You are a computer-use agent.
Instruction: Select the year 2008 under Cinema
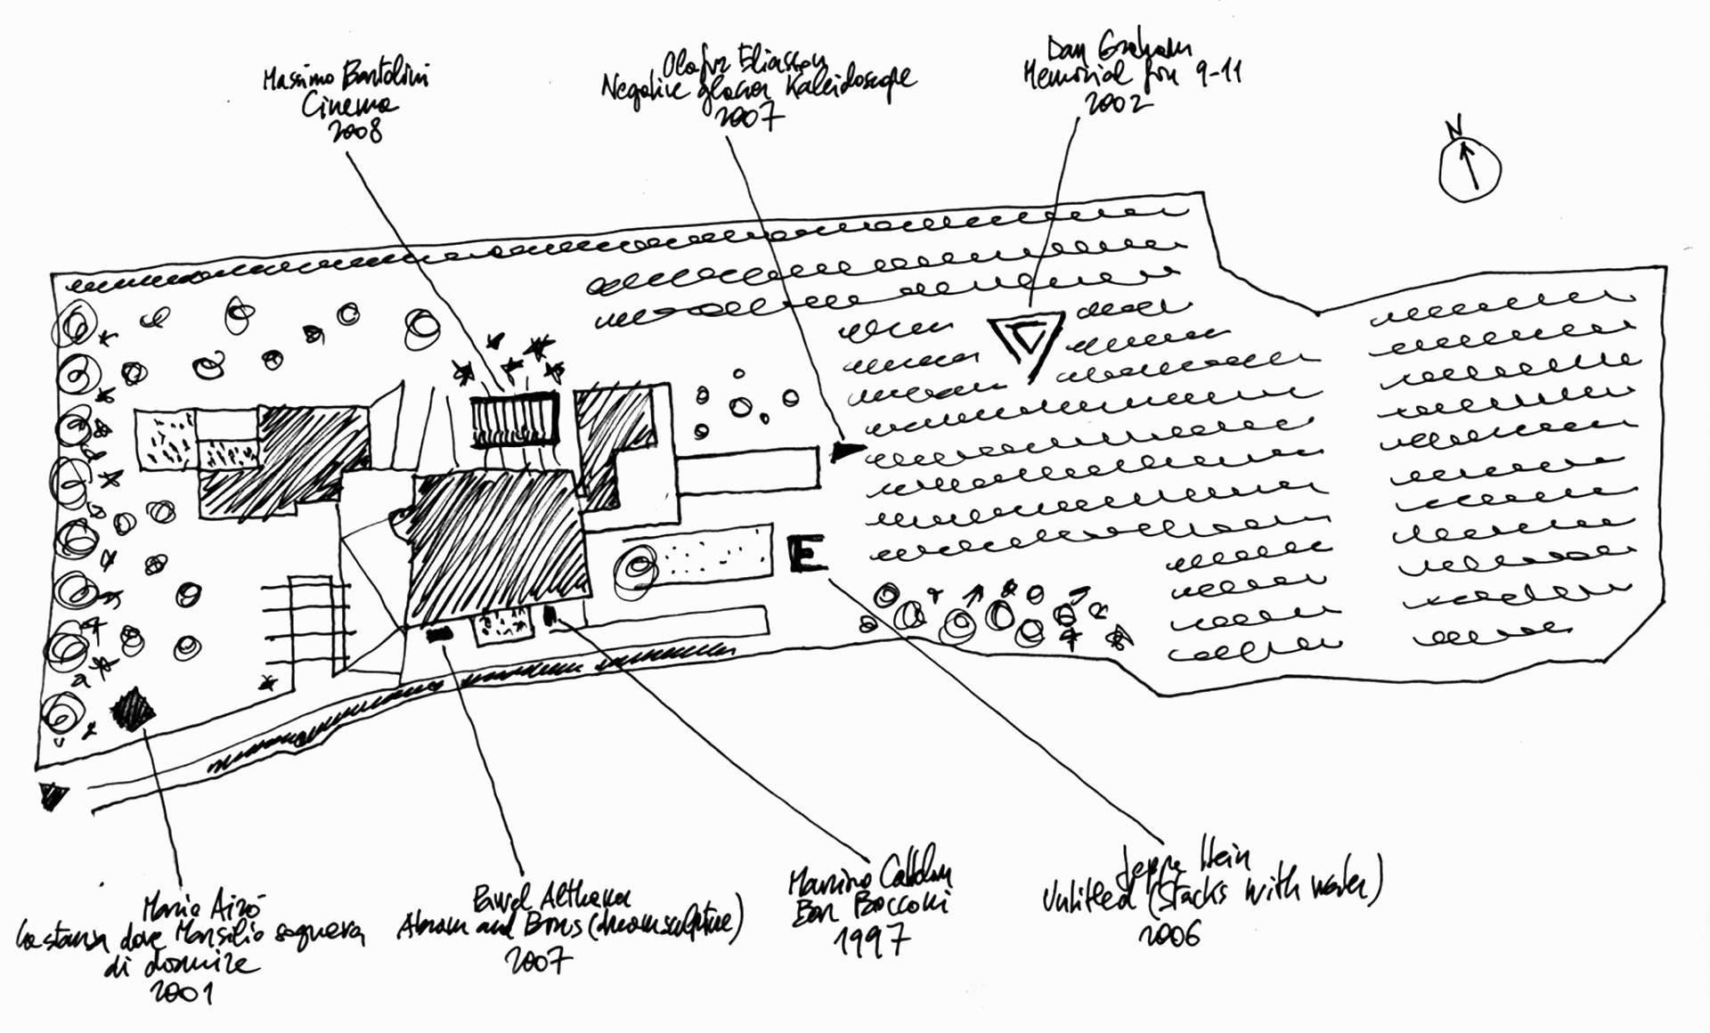(355, 132)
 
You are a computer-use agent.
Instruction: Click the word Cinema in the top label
(348, 106)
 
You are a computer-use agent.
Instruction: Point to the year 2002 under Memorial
(1117, 103)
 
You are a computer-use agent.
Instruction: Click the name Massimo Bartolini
(346, 78)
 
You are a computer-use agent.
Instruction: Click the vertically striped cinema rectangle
(514, 420)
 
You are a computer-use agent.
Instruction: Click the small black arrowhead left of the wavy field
(846, 451)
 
